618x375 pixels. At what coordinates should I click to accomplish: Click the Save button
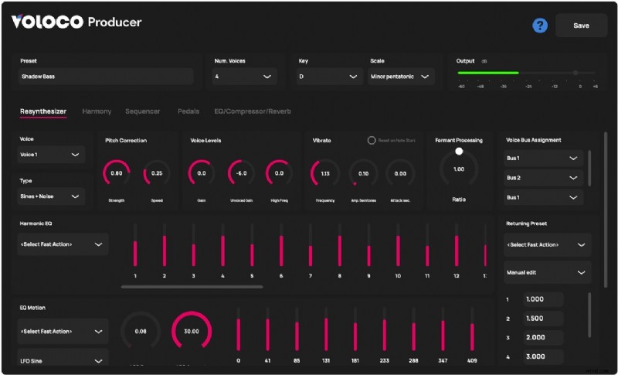tap(581, 26)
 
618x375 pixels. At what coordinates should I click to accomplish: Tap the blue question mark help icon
tap(540, 26)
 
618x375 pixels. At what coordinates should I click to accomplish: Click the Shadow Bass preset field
tap(106, 77)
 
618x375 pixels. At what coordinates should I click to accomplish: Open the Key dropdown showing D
tap(330, 77)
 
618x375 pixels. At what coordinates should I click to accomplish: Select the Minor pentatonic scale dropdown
tap(401, 77)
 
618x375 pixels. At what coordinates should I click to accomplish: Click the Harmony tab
tap(97, 111)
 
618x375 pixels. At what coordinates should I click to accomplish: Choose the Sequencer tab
tap(143, 111)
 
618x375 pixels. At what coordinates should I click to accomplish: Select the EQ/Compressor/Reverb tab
tap(253, 111)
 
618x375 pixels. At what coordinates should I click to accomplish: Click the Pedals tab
tap(188, 111)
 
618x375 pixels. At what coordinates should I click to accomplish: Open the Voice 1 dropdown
tap(51, 155)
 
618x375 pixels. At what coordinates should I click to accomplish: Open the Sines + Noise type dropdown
tap(51, 196)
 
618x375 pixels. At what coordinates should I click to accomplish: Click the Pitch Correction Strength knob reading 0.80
tap(116, 174)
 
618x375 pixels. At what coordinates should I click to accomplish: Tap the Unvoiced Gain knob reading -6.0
tap(241, 174)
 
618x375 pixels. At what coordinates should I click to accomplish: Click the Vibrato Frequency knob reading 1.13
tap(324, 174)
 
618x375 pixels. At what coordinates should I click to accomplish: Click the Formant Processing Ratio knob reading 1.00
tap(459, 169)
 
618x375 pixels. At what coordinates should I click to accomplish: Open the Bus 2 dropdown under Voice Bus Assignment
tap(542, 178)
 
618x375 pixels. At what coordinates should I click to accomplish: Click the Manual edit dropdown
tap(547, 272)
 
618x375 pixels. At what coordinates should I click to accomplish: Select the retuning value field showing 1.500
tap(543, 319)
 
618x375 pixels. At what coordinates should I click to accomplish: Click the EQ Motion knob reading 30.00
tap(191, 331)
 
